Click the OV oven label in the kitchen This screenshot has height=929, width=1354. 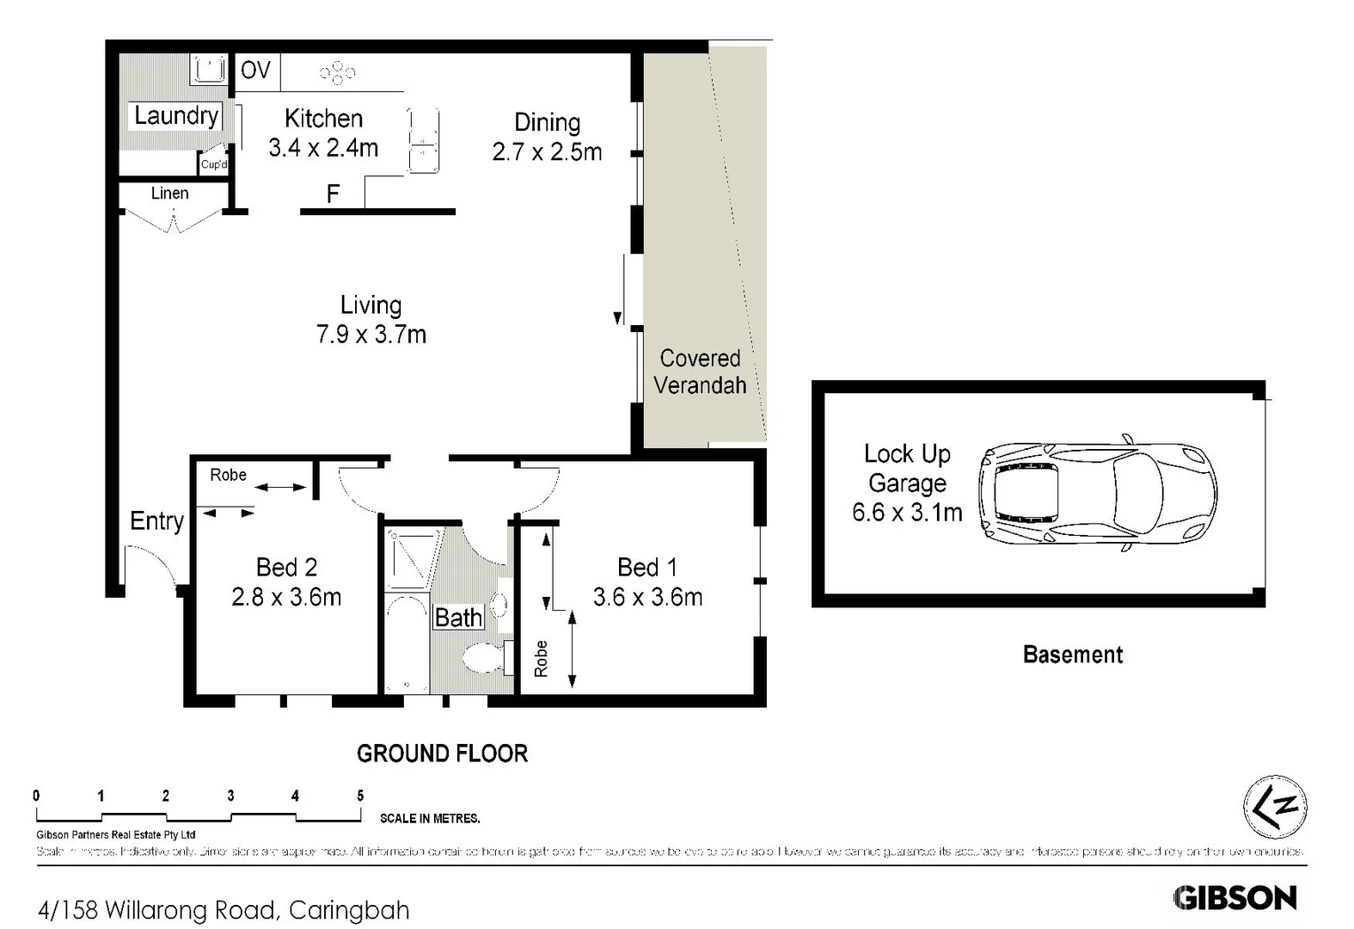tap(255, 71)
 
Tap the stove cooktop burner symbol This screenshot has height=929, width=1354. tap(337, 73)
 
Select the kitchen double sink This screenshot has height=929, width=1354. tap(423, 140)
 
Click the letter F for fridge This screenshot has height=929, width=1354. tap(333, 194)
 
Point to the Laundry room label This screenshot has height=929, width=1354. tap(176, 116)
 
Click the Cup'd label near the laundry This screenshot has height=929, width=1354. tap(214, 164)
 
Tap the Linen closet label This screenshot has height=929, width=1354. tap(169, 194)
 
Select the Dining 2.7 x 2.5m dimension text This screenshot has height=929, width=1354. tap(547, 152)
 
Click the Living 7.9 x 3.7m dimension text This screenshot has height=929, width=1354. tap(371, 334)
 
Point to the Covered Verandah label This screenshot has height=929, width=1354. tap(700, 372)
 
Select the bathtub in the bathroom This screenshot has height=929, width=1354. tap(407, 644)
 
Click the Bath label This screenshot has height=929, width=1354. tap(458, 618)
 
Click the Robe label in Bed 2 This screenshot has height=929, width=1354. tap(228, 475)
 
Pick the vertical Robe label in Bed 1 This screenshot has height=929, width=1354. tap(541, 659)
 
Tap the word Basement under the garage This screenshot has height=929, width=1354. tap(1072, 655)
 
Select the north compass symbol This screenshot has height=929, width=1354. tap(1275, 807)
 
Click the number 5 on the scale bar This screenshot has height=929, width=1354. tap(360, 797)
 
